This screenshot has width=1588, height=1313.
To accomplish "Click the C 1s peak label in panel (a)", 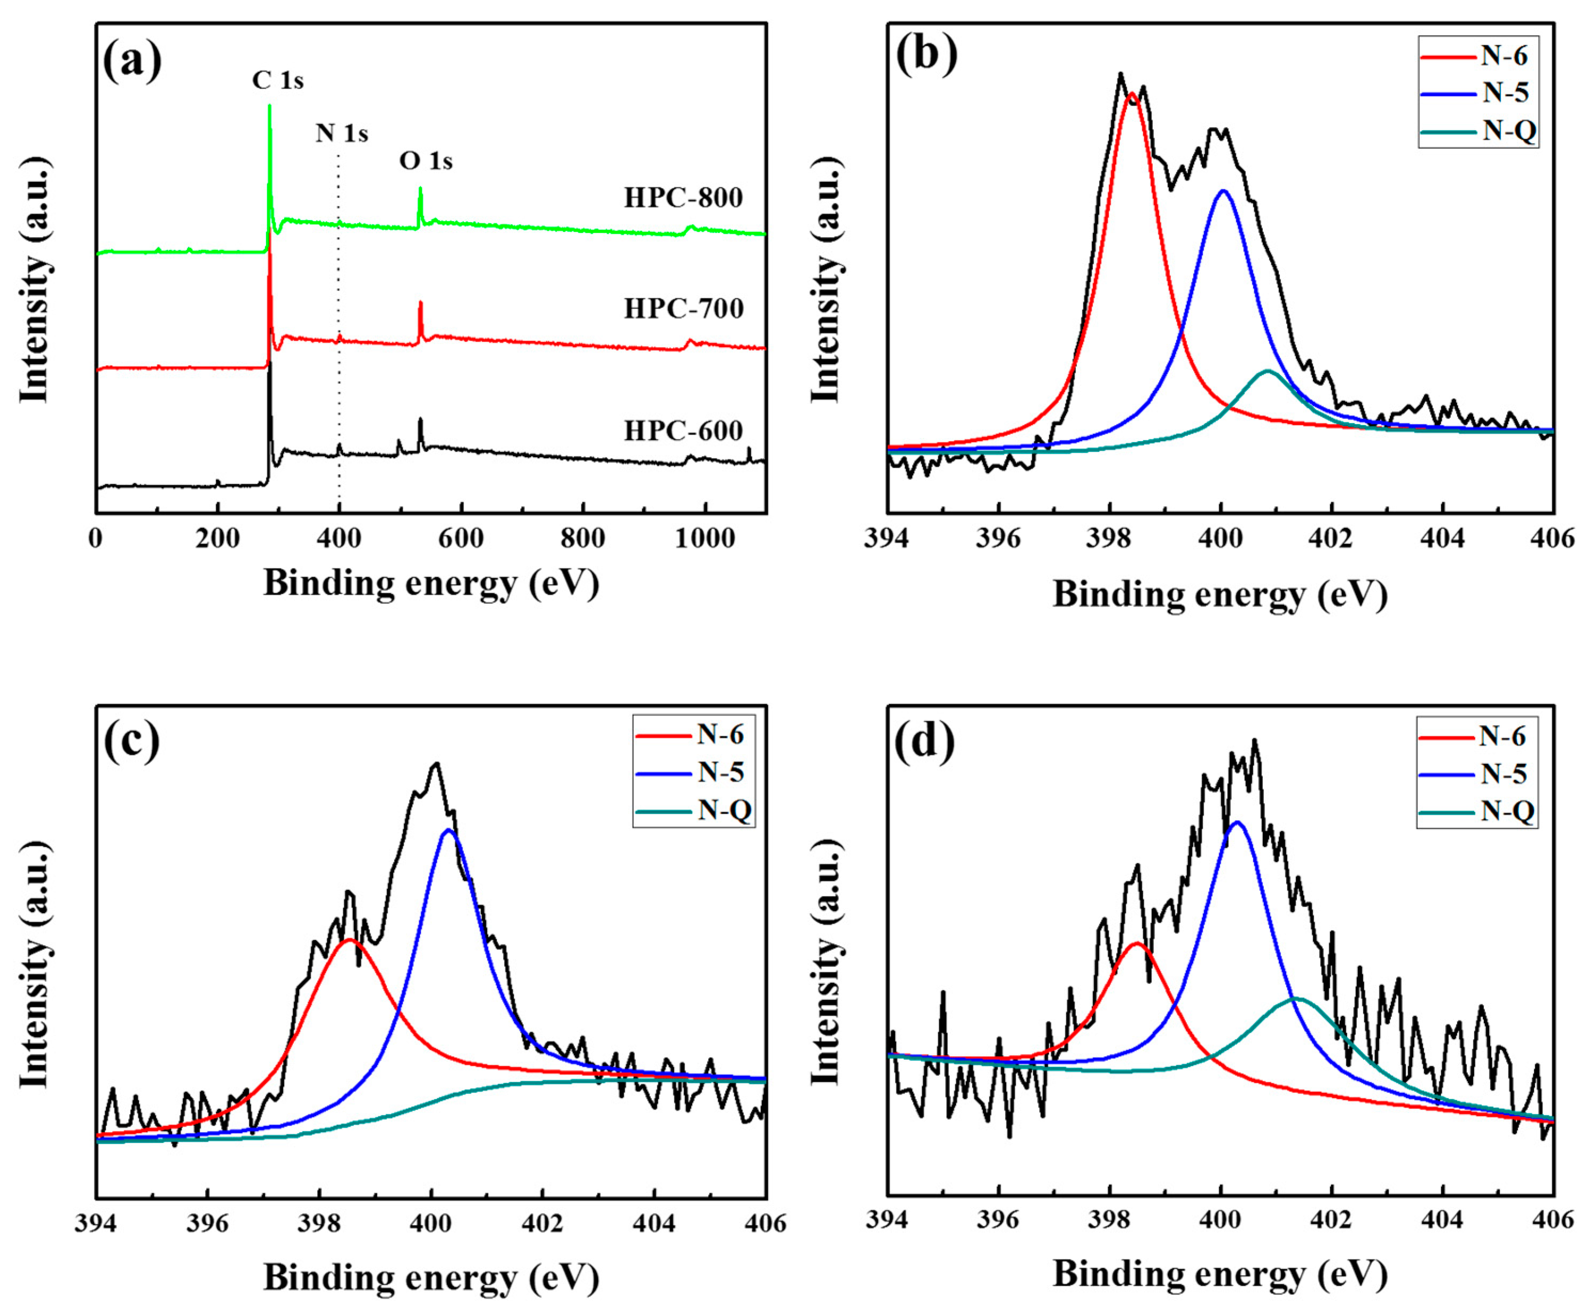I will tap(278, 80).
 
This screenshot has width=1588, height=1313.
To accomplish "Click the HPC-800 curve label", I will tap(683, 198).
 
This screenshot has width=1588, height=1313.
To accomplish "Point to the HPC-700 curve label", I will tap(683, 309).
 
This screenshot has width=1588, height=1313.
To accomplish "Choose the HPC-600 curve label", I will tap(683, 431).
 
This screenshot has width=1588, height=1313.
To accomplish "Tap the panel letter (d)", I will tap(924, 742).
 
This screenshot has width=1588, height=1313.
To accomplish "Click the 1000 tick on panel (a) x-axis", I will tap(705, 539).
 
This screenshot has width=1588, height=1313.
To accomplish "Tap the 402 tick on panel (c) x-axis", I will tap(542, 1223).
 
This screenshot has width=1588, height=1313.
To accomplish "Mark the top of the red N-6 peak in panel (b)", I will tap(1132, 95).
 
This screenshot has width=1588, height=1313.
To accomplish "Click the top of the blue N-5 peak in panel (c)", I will tap(449, 830).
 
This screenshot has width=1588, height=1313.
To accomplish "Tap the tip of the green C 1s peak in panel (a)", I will tap(269, 106).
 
